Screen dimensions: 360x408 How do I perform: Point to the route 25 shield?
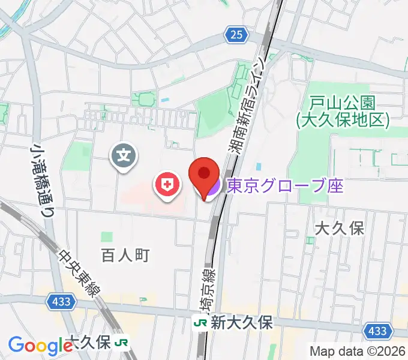click(238, 35)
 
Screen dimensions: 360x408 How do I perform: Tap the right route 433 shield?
click(377, 331)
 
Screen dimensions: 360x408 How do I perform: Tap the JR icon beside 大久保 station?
click(123, 343)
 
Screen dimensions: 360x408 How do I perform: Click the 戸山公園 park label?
click(343, 111)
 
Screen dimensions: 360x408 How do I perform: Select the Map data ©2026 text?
click(357, 351)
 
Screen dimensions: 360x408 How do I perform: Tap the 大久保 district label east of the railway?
click(340, 228)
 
